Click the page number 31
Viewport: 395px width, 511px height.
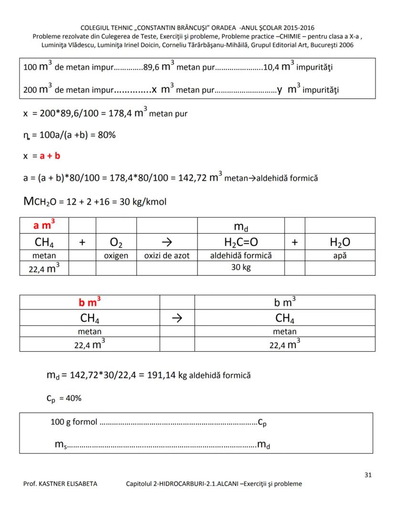[x=368, y=474]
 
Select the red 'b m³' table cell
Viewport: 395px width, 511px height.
[x=89, y=302]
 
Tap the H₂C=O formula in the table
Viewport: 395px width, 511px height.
[x=241, y=242]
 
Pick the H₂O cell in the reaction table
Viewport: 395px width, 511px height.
[x=340, y=242]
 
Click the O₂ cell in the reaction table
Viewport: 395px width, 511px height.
[x=116, y=242]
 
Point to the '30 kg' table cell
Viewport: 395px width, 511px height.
[x=241, y=267]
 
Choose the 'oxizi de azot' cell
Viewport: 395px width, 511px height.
[x=167, y=256]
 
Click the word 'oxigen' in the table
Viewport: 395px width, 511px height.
[x=116, y=256]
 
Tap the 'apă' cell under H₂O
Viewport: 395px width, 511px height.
[x=340, y=256]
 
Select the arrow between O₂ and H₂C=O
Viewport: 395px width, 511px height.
[x=167, y=242]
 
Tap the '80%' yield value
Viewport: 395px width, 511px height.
[x=106, y=135]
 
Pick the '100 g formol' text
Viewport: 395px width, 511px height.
[x=73, y=422]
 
